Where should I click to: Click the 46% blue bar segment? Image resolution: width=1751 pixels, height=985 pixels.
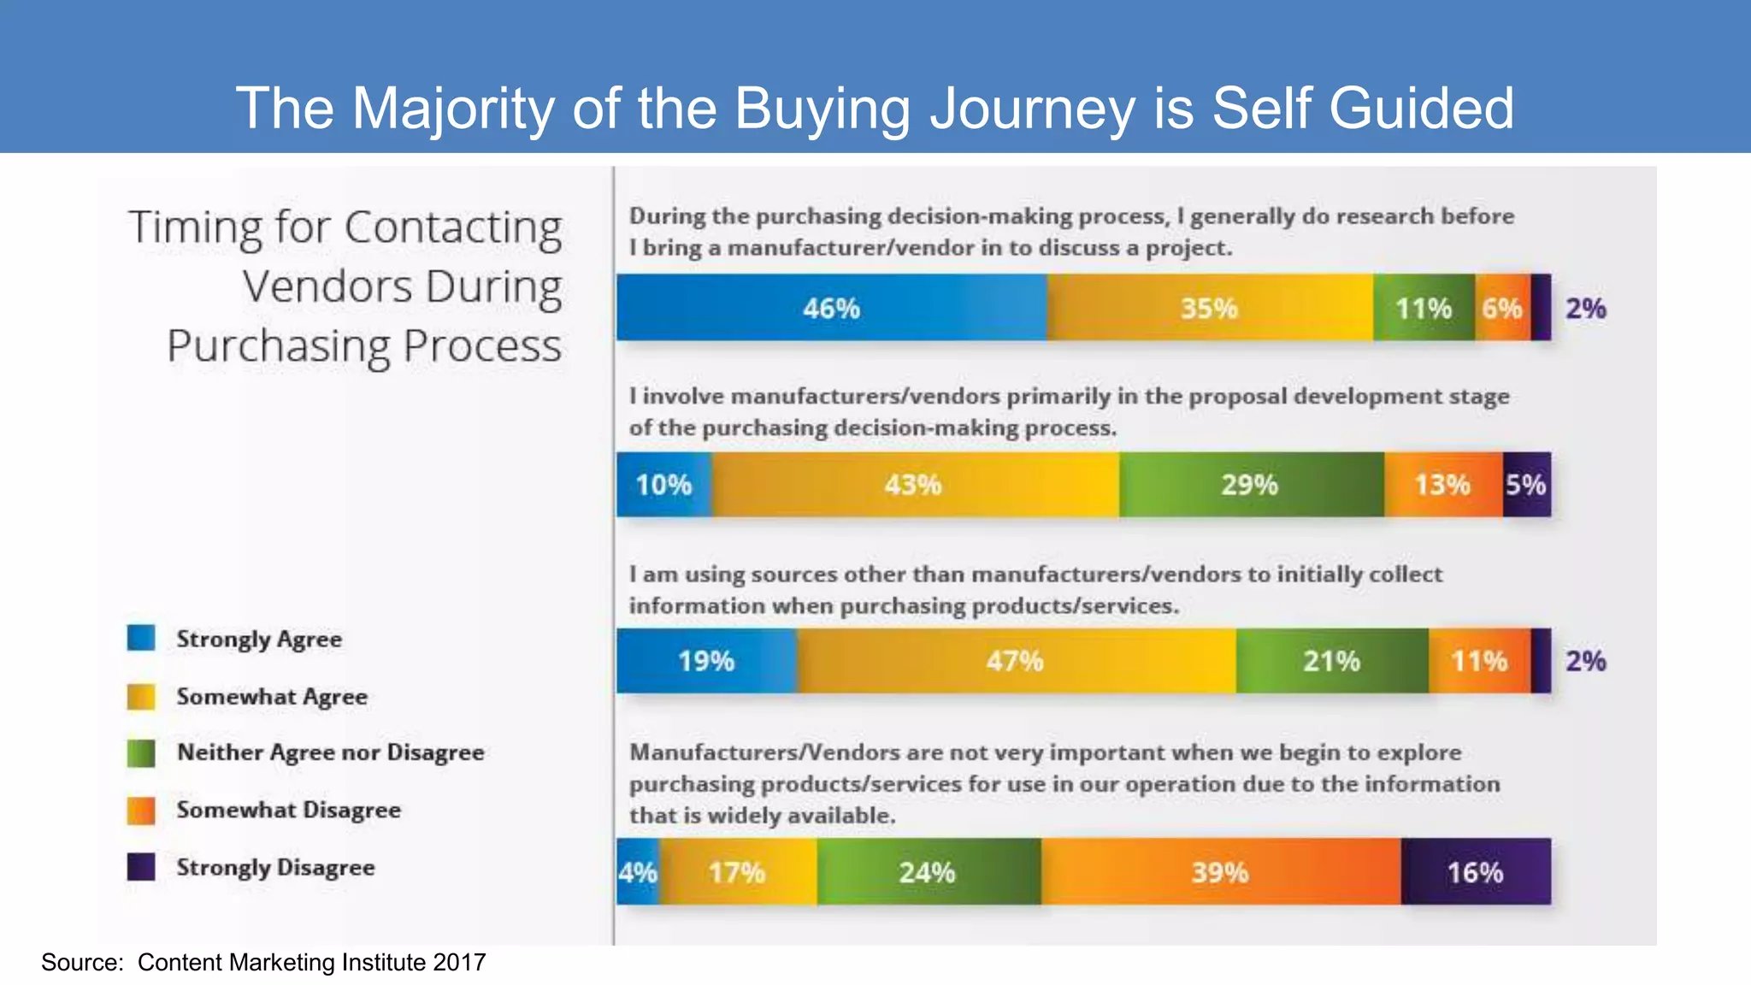(x=831, y=308)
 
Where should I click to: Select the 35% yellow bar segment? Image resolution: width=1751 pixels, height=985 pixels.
(x=1209, y=308)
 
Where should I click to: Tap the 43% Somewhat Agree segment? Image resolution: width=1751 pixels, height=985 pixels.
(x=913, y=485)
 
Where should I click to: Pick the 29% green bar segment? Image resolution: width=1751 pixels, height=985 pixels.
(x=1250, y=485)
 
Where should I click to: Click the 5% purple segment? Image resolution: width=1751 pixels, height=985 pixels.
(x=1526, y=485)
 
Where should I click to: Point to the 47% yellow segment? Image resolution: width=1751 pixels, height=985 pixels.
(x=1015, y=661)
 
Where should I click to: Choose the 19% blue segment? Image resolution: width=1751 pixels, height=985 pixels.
(x=706, y=661)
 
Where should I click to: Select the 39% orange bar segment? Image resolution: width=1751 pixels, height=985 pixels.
(x=1220, y=872)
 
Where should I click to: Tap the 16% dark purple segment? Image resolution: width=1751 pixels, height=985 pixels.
(x=1475, y=872)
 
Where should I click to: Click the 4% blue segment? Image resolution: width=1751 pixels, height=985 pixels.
(x=638, y=872)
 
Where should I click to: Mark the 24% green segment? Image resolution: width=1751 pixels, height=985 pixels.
(x=928, y=872)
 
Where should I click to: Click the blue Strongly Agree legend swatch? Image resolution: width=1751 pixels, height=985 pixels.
(x=141, y=638)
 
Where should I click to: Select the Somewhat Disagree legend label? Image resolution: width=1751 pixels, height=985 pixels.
(x=289, y=810)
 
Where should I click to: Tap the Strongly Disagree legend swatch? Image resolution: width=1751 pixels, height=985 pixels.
(x=141, y=867)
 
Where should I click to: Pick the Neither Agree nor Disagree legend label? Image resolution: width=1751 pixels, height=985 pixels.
(x=331, y=752)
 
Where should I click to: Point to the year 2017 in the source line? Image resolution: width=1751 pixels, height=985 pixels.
(x=459, y=963)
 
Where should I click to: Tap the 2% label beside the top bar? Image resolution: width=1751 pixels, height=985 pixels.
(x=1585, y=308)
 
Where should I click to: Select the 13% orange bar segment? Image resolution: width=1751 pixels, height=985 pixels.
(x=1442, y=485)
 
